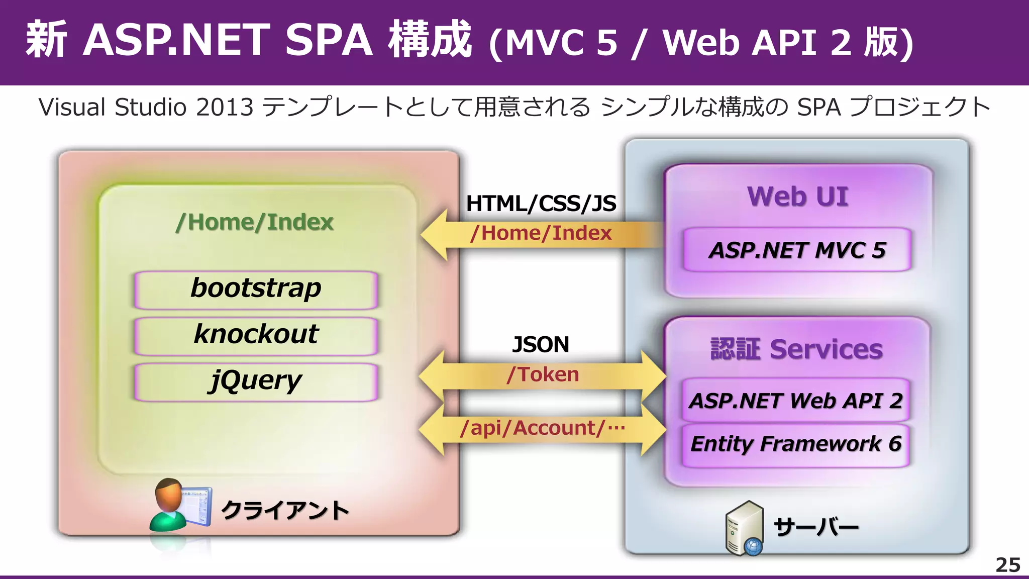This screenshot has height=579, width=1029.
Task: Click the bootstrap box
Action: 256,289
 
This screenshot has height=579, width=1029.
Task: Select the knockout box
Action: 256,335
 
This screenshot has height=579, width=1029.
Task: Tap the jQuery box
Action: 256,381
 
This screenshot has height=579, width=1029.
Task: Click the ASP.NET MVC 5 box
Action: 797,250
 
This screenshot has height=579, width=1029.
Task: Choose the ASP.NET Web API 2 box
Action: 796,401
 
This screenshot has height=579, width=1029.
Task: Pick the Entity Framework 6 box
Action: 796,444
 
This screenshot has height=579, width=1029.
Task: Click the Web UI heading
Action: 797,196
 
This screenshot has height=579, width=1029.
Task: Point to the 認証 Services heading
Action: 796,349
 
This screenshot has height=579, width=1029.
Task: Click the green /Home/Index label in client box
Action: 255,222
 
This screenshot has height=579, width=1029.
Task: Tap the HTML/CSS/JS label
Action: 541,204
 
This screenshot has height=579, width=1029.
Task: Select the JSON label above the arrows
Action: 541,345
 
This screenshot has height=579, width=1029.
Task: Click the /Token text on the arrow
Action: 543,375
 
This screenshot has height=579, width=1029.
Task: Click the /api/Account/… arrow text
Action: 543,428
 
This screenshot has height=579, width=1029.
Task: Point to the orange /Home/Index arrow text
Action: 541,233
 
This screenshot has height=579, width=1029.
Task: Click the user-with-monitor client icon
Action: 180,505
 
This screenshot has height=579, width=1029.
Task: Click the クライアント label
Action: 285,511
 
